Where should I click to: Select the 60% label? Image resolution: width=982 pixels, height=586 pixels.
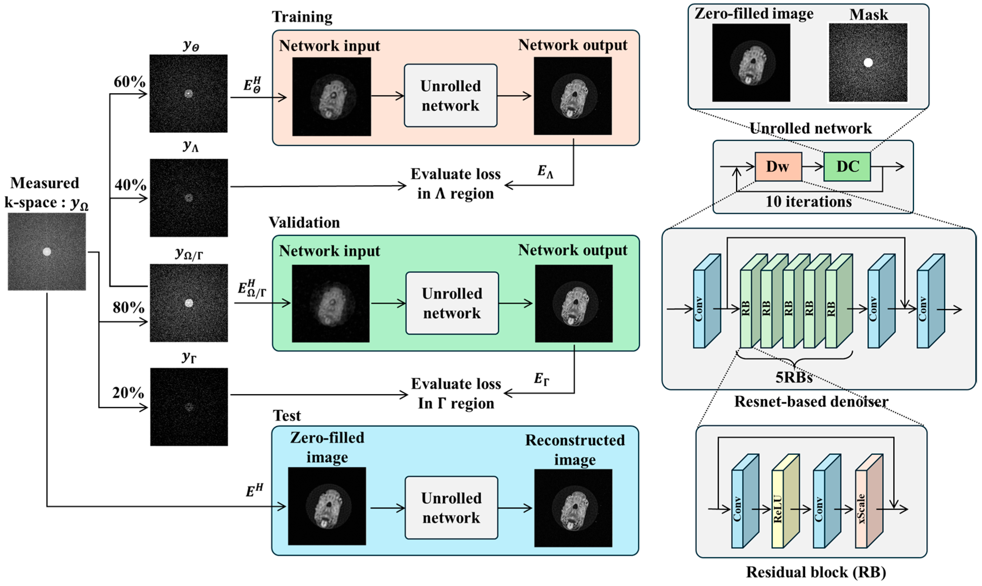pos(129,82)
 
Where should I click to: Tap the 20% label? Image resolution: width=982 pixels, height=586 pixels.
pos(128,393)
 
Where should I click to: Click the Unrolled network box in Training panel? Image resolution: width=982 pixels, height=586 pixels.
pos(450,95)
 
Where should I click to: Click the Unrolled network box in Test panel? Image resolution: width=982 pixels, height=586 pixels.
pos(451,508)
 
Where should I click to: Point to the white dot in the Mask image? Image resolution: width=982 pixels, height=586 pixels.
pos(868,62)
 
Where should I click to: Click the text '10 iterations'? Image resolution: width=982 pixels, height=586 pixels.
pos(808,202)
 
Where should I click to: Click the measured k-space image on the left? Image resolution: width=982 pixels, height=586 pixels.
pos(46,252)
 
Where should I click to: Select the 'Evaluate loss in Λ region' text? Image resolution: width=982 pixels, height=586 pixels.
pos(456,184)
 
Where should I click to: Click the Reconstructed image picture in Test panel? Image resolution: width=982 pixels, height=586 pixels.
pos(573,508)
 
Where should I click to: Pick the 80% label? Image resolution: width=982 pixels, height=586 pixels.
pos(128,307)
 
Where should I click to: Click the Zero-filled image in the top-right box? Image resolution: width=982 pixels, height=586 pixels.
pos(751,62)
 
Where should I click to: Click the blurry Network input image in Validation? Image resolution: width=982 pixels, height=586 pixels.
pos(330,303)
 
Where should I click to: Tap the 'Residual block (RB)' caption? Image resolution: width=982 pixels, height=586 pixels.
pos(816,572)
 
